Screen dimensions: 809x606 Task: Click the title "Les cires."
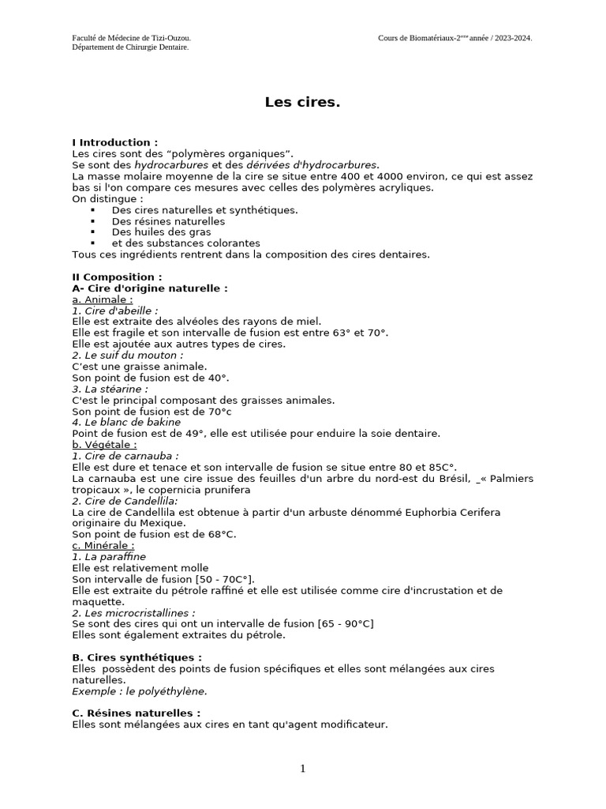coord(302,102)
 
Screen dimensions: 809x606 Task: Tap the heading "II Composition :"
coord(117,277)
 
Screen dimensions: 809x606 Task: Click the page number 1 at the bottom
coord(302,769)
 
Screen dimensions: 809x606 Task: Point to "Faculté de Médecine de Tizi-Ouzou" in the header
coord(131,37)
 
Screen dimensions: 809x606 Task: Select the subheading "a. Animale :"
coord(103,299)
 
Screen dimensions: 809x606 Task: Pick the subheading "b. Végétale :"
coord(104,445)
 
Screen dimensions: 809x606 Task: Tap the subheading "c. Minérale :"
coord(103,545)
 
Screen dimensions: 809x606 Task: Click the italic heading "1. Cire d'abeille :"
coord(115,310)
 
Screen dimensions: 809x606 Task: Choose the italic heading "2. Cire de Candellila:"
coord(125,501)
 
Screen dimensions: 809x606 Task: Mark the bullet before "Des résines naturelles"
coord(93,221)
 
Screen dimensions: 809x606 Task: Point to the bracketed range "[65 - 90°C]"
coord(346,623)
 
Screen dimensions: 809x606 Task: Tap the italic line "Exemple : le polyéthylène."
coord(140,690)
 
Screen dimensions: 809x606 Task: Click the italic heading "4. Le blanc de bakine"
coord(126,422)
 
